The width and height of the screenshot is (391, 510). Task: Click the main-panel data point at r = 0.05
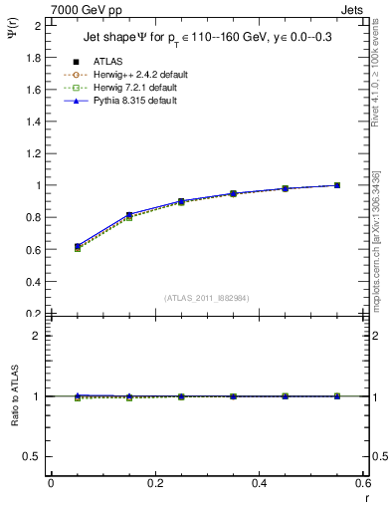(77, 246)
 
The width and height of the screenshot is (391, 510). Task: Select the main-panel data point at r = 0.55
(337, 185)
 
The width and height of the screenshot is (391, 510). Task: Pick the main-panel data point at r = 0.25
(181, 201)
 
